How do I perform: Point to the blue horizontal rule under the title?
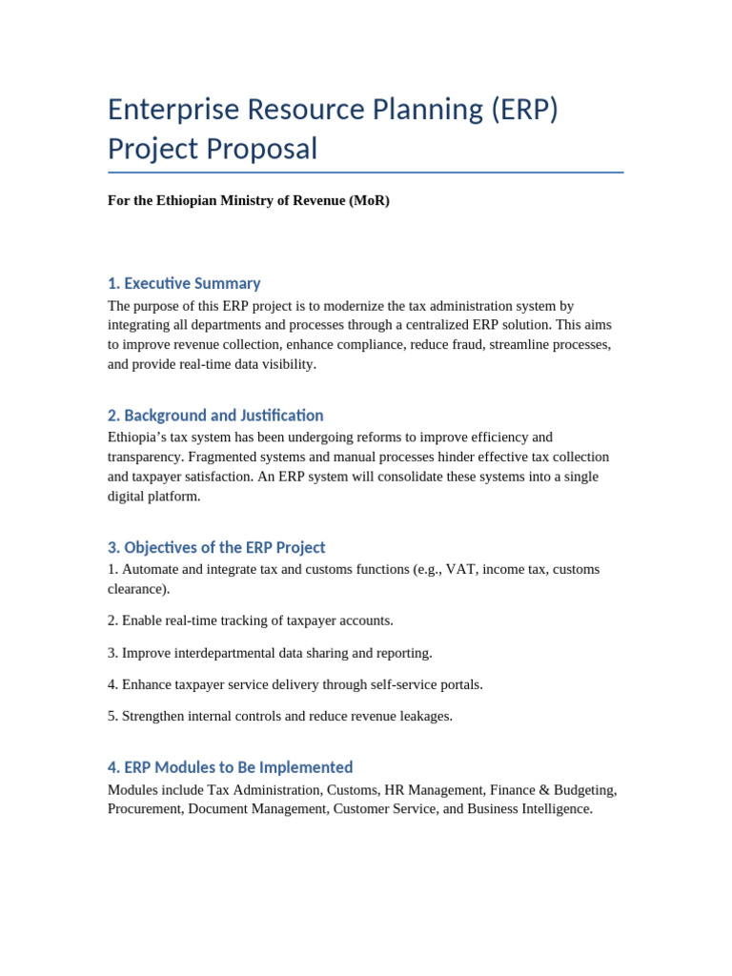(x=366, y=173)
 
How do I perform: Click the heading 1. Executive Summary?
(x=184, y=283)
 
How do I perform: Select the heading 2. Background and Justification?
(x=215, y=416)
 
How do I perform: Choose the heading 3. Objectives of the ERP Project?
(x=216, y=547)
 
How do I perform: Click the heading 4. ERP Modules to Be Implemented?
(x=230, y=767)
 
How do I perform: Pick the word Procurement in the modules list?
(x=144, y=809)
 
